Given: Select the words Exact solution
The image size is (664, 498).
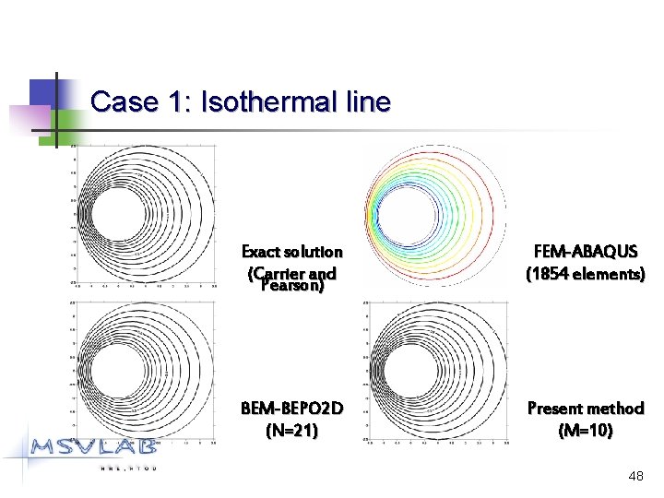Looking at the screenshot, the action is tap(291, 252).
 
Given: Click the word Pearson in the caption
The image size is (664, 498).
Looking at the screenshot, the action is tap(291, 286).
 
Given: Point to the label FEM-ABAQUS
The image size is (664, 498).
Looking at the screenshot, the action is tap(585, 252).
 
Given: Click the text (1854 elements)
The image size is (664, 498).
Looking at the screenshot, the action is tap(585, 274).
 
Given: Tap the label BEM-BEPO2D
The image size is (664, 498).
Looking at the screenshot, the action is tap(291, 409).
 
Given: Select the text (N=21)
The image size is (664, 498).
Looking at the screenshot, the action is tap(291, 430).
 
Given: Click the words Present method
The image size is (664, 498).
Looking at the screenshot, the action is tap(585, 409).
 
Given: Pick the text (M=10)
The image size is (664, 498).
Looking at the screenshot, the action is tap(585, 430).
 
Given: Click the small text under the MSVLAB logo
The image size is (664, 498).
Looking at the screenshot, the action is tap(129, 468).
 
